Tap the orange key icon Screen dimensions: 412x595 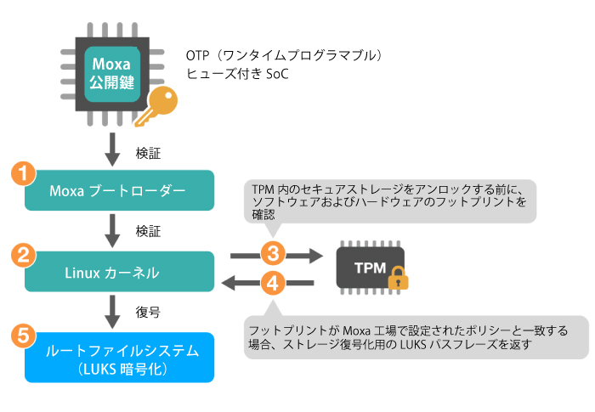tap(162, 108)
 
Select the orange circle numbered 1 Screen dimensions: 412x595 tap(25, 173)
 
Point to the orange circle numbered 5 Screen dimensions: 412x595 tap(25, 335)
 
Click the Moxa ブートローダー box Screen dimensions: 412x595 tap(118, 190)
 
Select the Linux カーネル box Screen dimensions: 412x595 tap(118, 272)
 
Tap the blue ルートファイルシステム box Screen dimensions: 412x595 tap(118, 358)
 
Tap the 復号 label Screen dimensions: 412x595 tap(148, 312)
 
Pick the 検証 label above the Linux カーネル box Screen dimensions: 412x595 tap(148, 230)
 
